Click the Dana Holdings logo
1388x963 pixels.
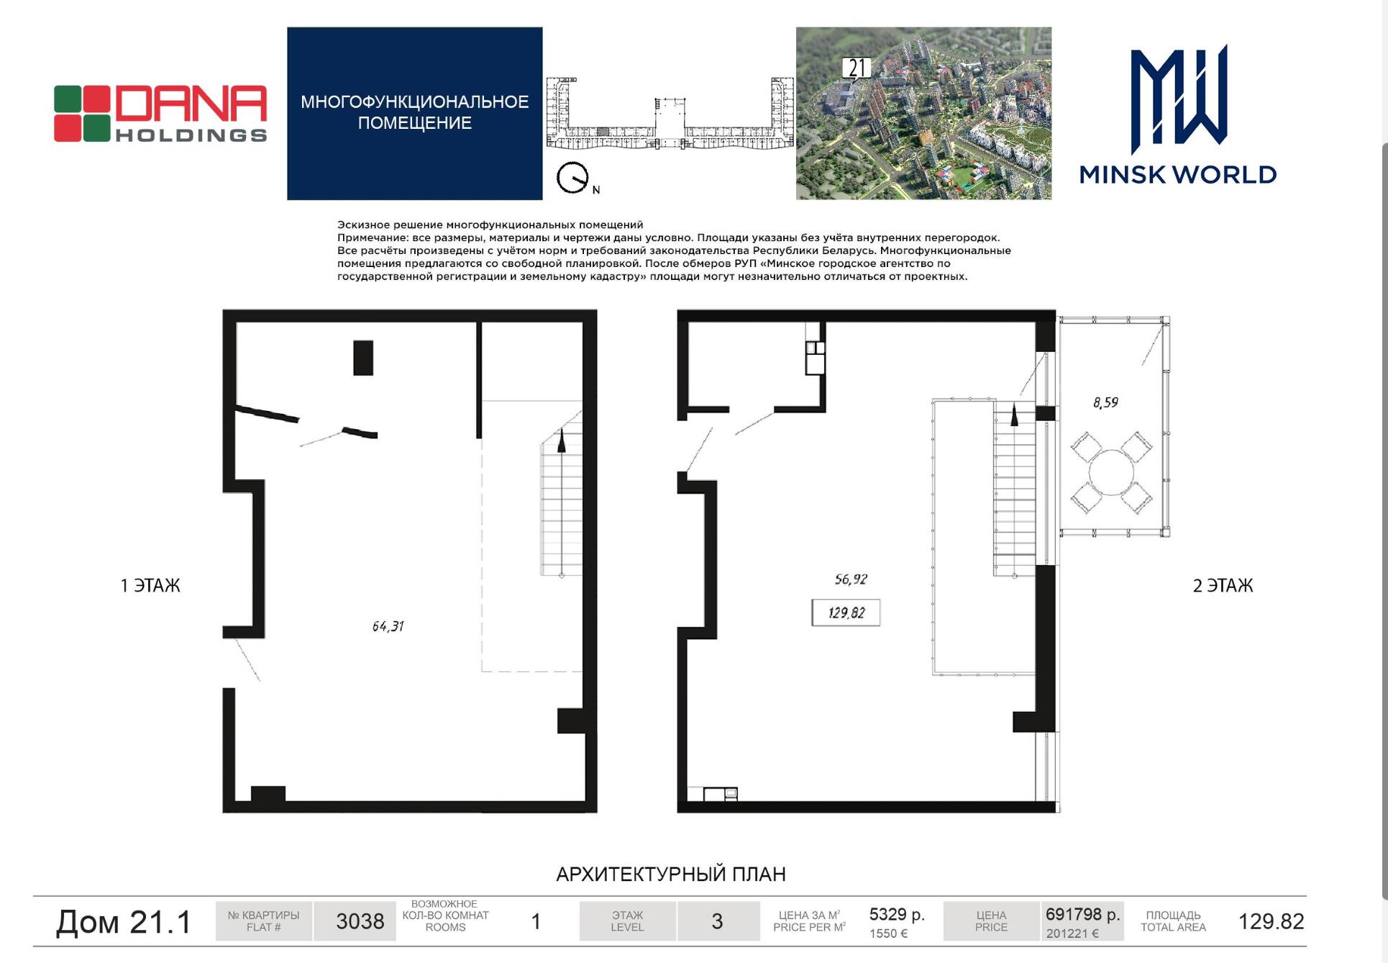click(160, 114)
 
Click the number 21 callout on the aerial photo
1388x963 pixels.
click(857, 68)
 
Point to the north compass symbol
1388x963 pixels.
click(572, 178)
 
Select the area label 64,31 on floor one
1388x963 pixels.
click(388, 626)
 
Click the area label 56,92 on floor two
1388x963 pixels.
click(851, 579)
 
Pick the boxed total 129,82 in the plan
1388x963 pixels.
click(846, 612)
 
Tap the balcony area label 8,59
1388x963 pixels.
click(1105, 402)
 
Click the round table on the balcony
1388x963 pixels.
click(1111, 473)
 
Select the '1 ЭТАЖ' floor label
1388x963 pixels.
click(150, 586)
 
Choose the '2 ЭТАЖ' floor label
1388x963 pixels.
click(1223, 586)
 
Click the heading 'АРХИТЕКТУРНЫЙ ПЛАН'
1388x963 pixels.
click(671, 874)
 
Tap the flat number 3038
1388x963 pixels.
click(360, 921)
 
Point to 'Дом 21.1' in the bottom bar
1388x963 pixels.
click(124, 922)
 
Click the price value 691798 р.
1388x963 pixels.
click(1083, 915)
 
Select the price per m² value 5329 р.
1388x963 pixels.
click(897, 915)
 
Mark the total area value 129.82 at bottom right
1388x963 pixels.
click(1271, 921)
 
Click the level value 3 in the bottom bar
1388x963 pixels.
click(717, 921)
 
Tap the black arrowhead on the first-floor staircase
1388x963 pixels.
click(562, 440)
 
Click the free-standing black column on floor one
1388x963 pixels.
click(363, 358)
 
